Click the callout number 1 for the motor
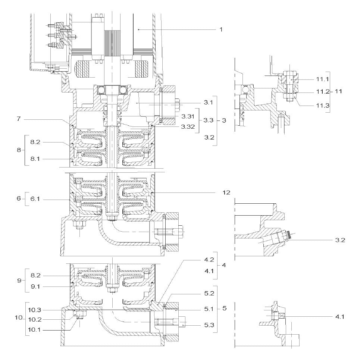coord(221,29)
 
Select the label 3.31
coord(188,116)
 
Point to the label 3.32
coord(188,126)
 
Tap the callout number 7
coord(19,119)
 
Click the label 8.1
coord(35,159)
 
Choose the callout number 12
coord(226,192)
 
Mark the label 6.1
coord(35,199)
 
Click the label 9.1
coord(35,287)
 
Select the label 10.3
coord(34,310)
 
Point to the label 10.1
coord(34,330)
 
